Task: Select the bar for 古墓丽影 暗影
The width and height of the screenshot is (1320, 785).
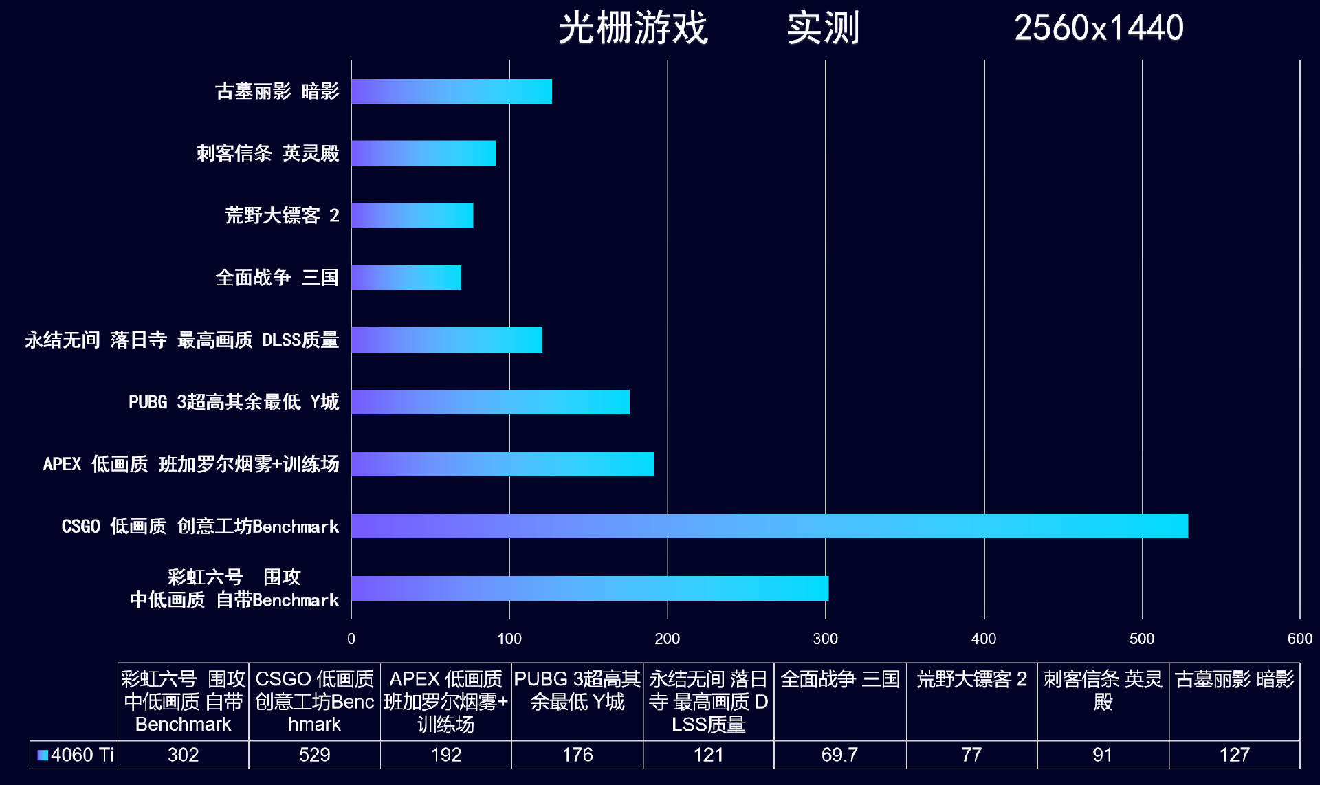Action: click(451, 91)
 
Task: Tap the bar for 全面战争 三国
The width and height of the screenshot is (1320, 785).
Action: click(406, 278)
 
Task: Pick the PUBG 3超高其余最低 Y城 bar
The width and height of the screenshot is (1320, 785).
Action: click(490, 402)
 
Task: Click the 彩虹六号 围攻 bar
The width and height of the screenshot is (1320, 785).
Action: click(589, 588)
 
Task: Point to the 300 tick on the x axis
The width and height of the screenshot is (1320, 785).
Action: click(825, 639)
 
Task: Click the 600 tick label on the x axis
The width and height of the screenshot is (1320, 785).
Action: click(1299, 639)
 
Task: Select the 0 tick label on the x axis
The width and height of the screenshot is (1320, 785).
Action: click(351, 639)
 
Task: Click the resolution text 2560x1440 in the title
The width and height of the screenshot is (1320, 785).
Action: click(1098, 28)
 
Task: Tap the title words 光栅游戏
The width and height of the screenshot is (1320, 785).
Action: click(632, 28)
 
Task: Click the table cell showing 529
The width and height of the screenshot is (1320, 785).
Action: click(314, 755)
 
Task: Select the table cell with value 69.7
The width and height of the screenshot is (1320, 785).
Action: click(839, 755)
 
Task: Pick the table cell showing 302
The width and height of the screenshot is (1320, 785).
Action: click(183, 755)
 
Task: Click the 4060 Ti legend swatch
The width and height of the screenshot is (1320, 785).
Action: click(43, 755)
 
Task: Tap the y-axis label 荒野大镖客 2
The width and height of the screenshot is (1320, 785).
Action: click(282, 216)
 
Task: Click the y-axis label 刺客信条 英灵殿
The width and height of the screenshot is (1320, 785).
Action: click(267, 153)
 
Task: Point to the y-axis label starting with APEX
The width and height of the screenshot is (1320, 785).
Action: click(190, 464)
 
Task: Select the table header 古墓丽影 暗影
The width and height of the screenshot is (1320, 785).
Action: click(1234, 679)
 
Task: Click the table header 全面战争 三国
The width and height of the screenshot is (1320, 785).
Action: click(839, 679)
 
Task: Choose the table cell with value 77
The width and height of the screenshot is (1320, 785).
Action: click(971, 755)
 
